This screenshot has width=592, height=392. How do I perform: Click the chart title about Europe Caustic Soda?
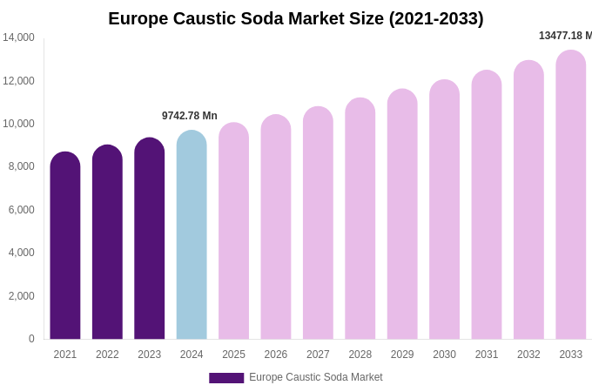296,18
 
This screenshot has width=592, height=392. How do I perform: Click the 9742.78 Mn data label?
190,116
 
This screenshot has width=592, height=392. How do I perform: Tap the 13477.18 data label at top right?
565,36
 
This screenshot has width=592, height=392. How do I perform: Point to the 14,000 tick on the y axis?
18,37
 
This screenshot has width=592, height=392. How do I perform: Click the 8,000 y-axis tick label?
21,166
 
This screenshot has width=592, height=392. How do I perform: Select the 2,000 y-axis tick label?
21,296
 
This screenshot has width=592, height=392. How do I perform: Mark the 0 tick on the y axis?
31,339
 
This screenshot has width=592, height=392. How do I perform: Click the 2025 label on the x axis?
233,355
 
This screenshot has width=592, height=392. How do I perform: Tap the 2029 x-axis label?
402,355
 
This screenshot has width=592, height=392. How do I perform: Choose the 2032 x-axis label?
528,355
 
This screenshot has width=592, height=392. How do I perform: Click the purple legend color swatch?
226,378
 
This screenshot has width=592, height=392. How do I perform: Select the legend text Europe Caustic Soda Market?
316,377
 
